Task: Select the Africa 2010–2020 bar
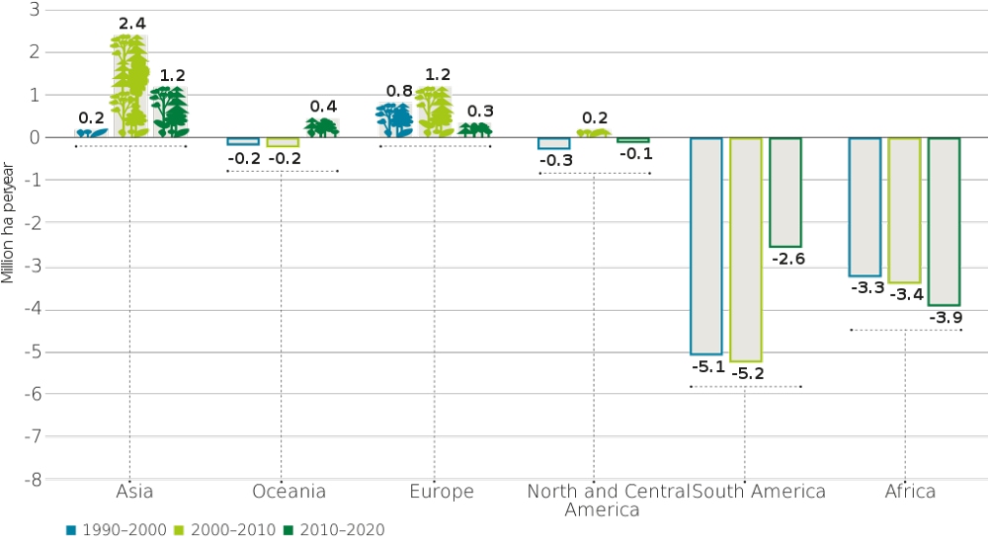tap(944, 221)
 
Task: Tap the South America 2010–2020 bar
tap(785, 193)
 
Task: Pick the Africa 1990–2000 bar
tap(864, 206)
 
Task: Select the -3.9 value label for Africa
tap(946, 318)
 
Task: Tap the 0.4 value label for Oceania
tap(323, 107)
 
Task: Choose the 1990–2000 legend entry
tap(116, 530)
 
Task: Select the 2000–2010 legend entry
tap(225, 530)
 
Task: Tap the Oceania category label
tap(282, 492)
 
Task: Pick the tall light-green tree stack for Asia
tap(129, 86)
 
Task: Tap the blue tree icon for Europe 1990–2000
tap(394, 119)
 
